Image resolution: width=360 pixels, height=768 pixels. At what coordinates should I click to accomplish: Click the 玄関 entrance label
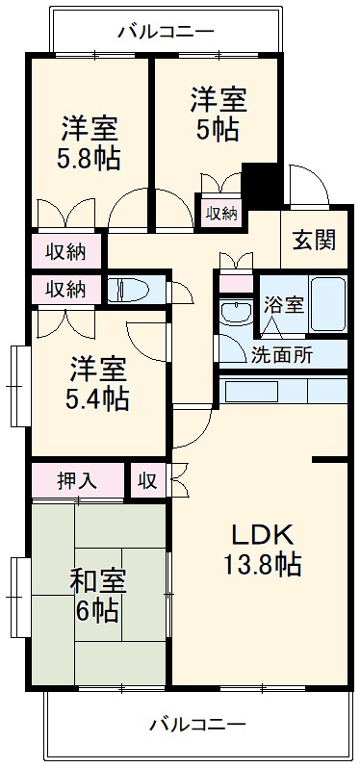(x=314, y=239)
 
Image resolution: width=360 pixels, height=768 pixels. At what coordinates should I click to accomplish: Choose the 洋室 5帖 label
(x=218, y=113)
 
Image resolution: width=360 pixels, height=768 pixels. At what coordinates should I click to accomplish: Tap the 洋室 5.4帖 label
(x=96, y=381)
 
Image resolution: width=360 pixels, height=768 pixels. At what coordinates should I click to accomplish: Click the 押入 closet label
(x=78, y=480)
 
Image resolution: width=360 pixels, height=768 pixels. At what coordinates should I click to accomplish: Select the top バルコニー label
(x=166, y=30)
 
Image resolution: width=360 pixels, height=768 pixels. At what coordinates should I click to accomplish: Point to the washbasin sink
(x=234, y=312)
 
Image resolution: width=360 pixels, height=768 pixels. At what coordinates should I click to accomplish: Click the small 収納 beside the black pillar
(x=220, y=213)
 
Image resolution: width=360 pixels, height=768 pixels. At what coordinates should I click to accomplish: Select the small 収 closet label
(x=147, y=480)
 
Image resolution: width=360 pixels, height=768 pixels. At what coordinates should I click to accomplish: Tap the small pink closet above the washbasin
(x=234, y=283)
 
